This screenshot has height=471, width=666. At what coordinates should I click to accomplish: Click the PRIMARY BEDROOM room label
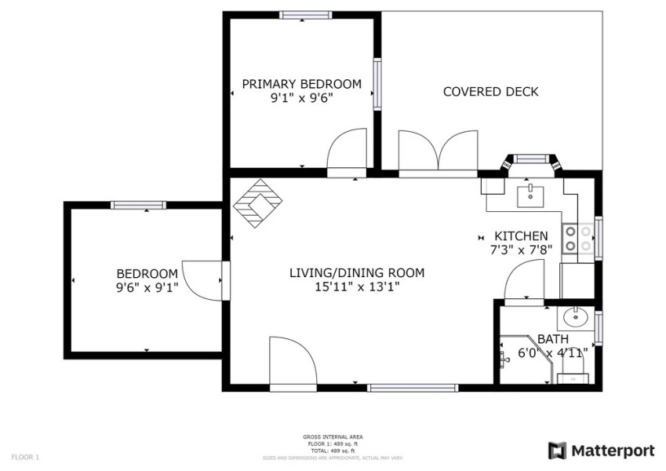click(x=301, y=84)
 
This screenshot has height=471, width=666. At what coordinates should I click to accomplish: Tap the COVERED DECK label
click(x=490, y=92)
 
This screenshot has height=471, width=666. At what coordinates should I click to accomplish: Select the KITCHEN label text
click(x=520, y=236)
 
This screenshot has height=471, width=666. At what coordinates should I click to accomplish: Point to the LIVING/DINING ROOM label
click(x=357, y=273)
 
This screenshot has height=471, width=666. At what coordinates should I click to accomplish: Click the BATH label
click(x=553, y=339)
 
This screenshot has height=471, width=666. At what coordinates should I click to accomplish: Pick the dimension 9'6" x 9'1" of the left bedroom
click(x=147, y=287)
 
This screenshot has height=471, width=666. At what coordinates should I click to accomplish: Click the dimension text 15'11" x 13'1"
click(x=357, y=287)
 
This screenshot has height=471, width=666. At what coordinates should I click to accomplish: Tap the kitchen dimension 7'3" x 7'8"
click(x=520, y=250)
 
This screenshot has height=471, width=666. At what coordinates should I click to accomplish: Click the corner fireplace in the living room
click(x=257, y=203)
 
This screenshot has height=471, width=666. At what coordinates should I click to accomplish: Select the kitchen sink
click(x=531, y=194)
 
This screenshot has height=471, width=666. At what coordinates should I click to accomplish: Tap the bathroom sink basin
click(x=575, y=317)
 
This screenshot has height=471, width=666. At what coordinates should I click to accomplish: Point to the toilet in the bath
click(x=572, y=378)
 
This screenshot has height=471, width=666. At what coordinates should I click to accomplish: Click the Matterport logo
click(x=601, y=451)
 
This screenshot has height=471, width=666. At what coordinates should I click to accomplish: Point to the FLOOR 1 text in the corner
click(x=25, y=457)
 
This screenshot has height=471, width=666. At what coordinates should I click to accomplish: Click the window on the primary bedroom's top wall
click(x=305, y=15)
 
